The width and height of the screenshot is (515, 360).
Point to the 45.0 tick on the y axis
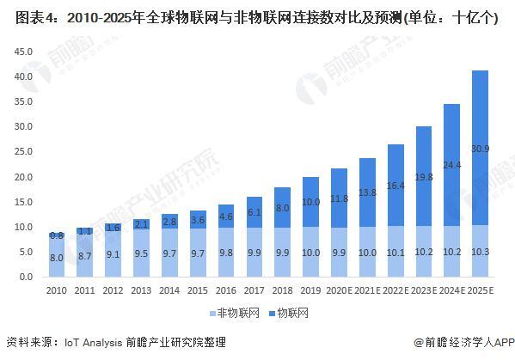click(x=23, y=52)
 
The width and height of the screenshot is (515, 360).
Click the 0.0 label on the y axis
click(x=26, y=278)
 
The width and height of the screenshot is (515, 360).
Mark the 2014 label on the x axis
click(x=169, y=292)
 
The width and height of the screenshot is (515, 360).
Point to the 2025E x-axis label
click(x=481, y=292)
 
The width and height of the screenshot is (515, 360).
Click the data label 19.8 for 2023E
click(x=424, y=177)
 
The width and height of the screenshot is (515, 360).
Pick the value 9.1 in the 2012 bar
click(x=113, y=253)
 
